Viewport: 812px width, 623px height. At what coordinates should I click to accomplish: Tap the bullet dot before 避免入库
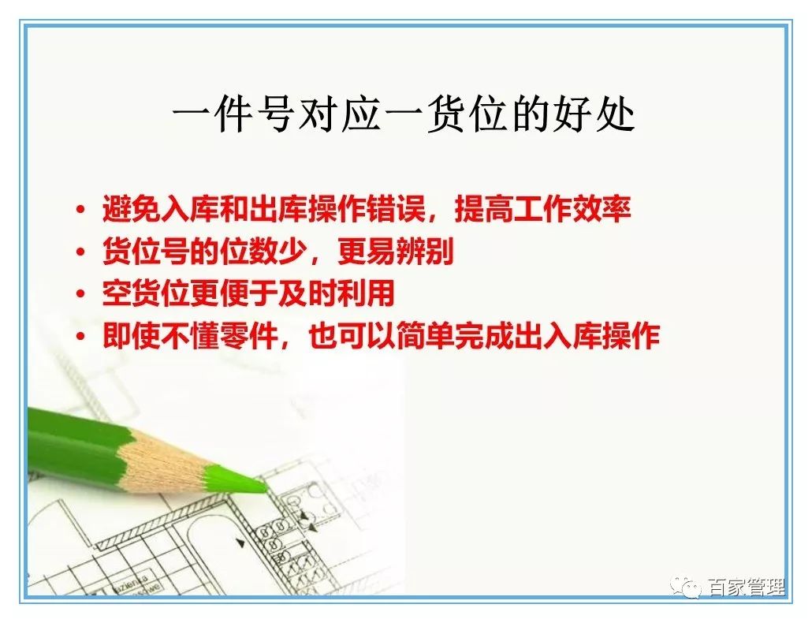click(x=81, y=211)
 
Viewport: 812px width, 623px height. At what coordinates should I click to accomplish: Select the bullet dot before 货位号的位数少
click(x=81, y=253)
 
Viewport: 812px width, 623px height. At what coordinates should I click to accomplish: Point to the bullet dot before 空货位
click(x=81, y=295)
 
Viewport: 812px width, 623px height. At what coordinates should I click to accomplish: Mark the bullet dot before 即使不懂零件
click(x=81, y=338)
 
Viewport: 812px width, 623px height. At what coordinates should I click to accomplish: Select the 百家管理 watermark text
click(x=745, y=588)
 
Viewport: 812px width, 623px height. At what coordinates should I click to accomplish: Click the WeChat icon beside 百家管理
click(x=687, y=588)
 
